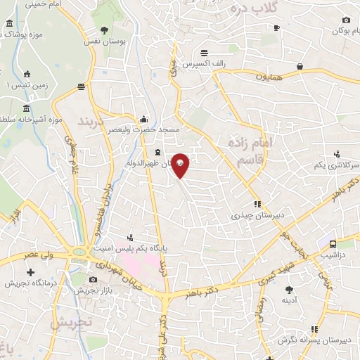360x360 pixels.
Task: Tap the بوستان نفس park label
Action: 103,42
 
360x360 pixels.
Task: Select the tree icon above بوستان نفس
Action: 104,30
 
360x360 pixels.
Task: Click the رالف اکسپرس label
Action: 205,65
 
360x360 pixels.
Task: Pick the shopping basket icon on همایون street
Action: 300,66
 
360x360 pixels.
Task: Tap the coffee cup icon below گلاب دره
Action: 276,28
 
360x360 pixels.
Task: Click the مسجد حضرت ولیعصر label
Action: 149,130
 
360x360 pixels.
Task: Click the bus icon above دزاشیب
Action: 331,244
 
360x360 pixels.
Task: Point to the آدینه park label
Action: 290,300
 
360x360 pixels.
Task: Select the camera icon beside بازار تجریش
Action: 93,280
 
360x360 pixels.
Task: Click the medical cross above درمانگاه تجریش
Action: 30,272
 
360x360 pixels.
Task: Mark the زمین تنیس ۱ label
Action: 27,84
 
